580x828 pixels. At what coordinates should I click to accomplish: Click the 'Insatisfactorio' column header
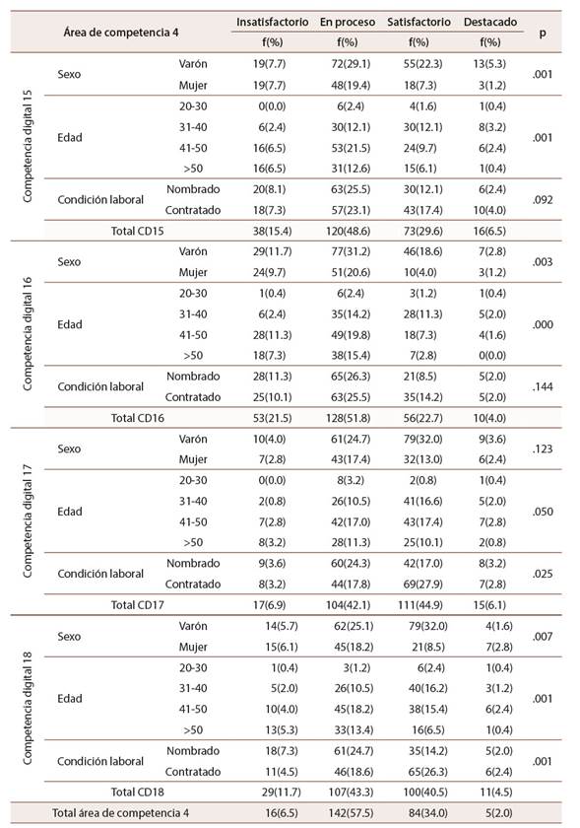pos(273,22)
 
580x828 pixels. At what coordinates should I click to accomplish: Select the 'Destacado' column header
pos(490,22)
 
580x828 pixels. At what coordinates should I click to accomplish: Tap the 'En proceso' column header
pos(348,22)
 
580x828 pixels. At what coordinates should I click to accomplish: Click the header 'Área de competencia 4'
pos(121,33)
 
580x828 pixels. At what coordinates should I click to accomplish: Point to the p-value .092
pos(542,199)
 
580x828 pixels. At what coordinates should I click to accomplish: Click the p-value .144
pos(542,386)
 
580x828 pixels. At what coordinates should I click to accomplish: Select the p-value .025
pos(542,574)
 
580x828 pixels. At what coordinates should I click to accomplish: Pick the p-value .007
pos(542,637)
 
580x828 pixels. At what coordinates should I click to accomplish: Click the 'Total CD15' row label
pos(138,231)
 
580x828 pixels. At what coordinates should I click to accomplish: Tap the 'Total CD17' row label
pos(138,604)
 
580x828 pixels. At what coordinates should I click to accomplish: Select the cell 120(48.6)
pos(348,231)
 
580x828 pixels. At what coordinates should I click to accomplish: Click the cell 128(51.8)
pos(348,418)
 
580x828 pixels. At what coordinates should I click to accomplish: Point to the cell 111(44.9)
pos(420,604)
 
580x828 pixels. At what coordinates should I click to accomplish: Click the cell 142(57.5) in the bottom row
pos(351,813)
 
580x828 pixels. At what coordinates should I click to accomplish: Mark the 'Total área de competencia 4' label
pos(120,813)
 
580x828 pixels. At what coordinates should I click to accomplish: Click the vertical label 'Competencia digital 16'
pos(28,334)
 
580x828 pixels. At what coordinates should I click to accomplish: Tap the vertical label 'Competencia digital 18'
pos(28,708)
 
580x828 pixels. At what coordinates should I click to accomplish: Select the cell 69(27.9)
pos(422,584)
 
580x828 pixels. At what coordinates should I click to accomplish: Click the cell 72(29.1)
pos(351,64)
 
